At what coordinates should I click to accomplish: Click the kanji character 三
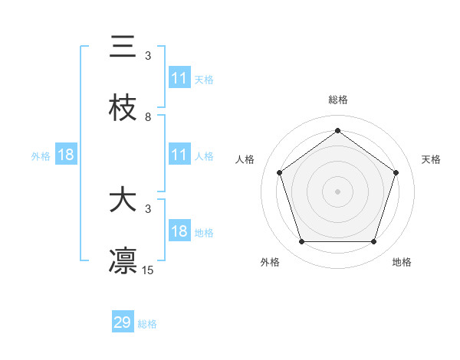pos(123,47)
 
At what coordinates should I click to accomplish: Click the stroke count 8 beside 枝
pos(148,116)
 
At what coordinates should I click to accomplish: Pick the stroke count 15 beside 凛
pos(148,270)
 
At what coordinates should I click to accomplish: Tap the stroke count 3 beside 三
pos(148,56)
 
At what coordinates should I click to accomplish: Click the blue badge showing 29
pos(123,322)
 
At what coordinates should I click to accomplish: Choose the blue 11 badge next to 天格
pos(179,78)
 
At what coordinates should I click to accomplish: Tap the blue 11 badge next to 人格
pos(179,155)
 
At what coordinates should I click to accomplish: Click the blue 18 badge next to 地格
pos(179,231)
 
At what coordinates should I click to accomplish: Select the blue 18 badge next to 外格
pos(66,155)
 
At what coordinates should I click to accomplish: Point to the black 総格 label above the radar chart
pos(338,100)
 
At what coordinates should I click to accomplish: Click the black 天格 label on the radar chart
pos(432,159)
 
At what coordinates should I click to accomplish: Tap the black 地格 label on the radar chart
pos(402,262)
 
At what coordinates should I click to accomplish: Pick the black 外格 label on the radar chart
pos(270,262)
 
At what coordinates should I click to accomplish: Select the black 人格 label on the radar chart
pos(245,159)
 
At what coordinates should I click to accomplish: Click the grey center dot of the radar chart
pos(337,191)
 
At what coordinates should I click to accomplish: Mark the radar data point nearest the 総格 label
pos(337,130)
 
